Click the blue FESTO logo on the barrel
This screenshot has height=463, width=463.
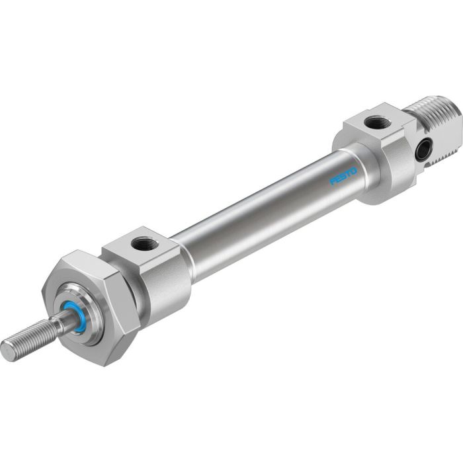[343, 177]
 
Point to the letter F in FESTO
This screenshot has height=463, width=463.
[333, 182]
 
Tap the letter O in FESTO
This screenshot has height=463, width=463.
[353, 171]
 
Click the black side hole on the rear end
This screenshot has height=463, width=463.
[421, 152]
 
